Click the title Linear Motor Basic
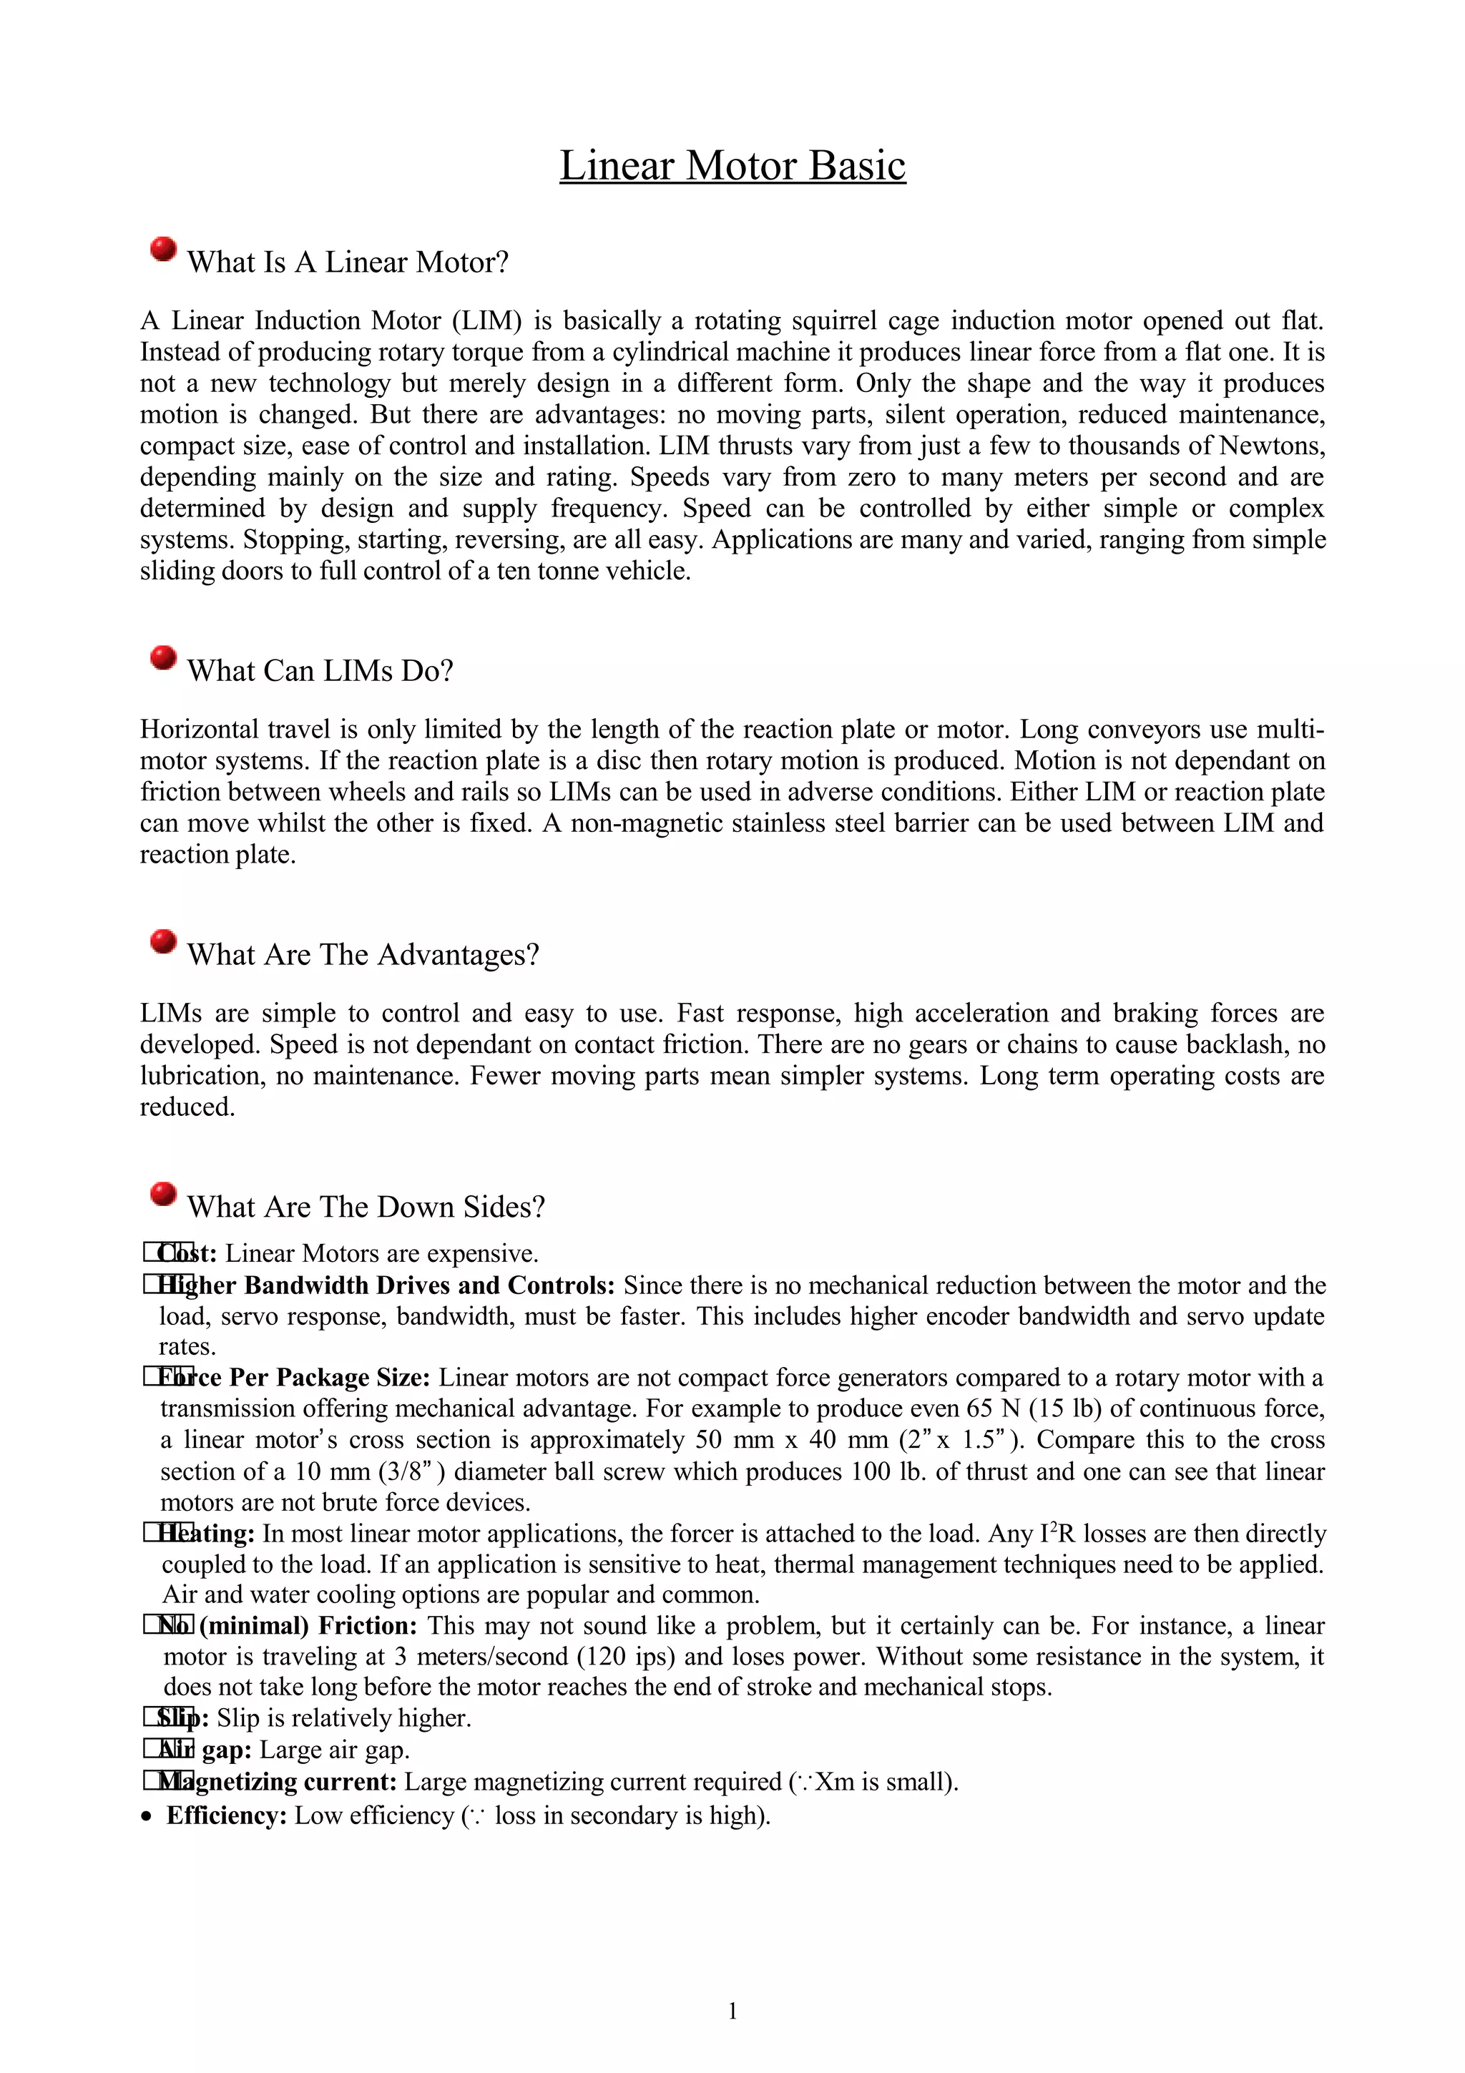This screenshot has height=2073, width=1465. point(732,165)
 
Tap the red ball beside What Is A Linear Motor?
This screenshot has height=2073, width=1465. point(163,249)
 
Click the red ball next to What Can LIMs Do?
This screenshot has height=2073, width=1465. point(163,657)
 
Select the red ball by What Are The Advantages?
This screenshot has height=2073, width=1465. point(163,941)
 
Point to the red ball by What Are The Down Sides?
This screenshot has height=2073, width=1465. point(163,1194)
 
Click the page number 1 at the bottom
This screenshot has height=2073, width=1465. point(732,2010)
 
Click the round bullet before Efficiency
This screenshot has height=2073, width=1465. point(147,1818)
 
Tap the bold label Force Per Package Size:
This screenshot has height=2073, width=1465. point(296,1377)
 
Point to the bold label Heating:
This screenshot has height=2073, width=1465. point(207,1533)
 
